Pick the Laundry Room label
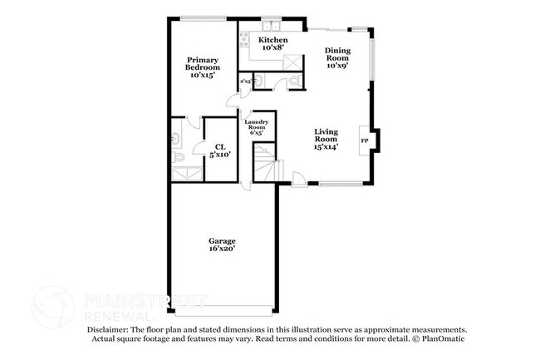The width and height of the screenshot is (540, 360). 256,127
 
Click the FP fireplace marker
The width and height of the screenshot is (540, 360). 364,141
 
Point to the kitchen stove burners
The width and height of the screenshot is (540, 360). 245,41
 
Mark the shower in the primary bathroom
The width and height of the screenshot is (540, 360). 184,174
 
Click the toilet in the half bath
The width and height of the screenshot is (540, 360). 294,80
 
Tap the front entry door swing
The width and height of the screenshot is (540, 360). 297,177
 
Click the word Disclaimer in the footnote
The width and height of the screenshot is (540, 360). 110,330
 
